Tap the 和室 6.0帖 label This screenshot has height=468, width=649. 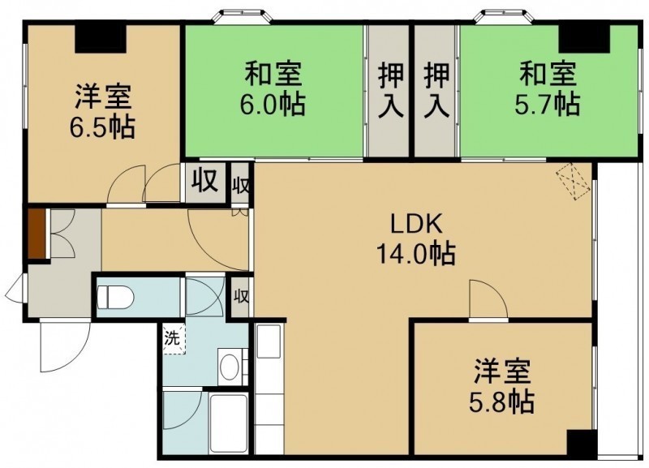click(x=273, y=88)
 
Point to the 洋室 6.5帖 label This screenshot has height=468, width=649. click(x=102, y=111)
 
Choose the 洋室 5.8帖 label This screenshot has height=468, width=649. click(x=501, y=386)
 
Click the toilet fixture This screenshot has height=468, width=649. click(x=115, y=297)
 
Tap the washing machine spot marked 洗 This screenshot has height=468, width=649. click(x=174, y=339)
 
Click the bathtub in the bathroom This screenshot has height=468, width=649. click(x=228, y=423)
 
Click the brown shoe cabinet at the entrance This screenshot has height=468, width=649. click(x=37, y=234)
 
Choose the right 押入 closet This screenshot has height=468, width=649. click(x=437, y=91)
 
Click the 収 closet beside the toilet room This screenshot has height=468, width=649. click(x=241, y=297)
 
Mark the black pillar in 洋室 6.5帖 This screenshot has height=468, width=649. click(x=101, y=38)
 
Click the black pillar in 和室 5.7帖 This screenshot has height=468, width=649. click(x=584, y=38)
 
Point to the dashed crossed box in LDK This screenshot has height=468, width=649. click(x=574, y=181)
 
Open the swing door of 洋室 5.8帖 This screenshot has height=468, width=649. click(x=489, y=299)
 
